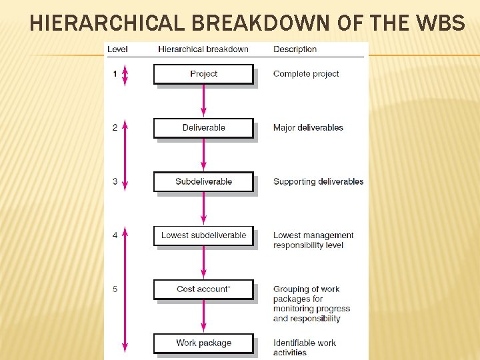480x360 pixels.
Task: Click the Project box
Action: pos(203,74)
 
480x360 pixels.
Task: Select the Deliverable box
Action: pos(203,128)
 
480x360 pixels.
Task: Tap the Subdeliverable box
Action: pos(203,181)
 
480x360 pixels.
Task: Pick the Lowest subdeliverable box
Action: pos(203,235)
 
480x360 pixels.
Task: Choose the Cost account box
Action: pos(203,289)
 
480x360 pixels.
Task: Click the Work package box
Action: pos(203,343)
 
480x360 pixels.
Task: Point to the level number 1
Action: pos(115,74)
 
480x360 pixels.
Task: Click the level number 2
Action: pos(115,128)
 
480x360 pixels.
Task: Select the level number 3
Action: pos(115,181)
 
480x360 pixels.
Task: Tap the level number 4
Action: pos(115,235)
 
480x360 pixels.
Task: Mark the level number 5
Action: pos(115,289)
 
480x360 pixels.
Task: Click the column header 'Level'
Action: pos(117,49)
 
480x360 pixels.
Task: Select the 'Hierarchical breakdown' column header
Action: pos(203,49)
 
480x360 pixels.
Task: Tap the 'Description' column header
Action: pos(295,49)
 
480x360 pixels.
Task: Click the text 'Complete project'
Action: pos(306,74)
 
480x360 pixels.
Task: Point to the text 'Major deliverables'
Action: pos(308,128)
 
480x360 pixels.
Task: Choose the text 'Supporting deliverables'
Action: pos(318,181)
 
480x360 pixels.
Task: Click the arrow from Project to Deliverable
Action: pos(203,101)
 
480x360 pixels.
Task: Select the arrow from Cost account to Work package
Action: pos(203,317)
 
